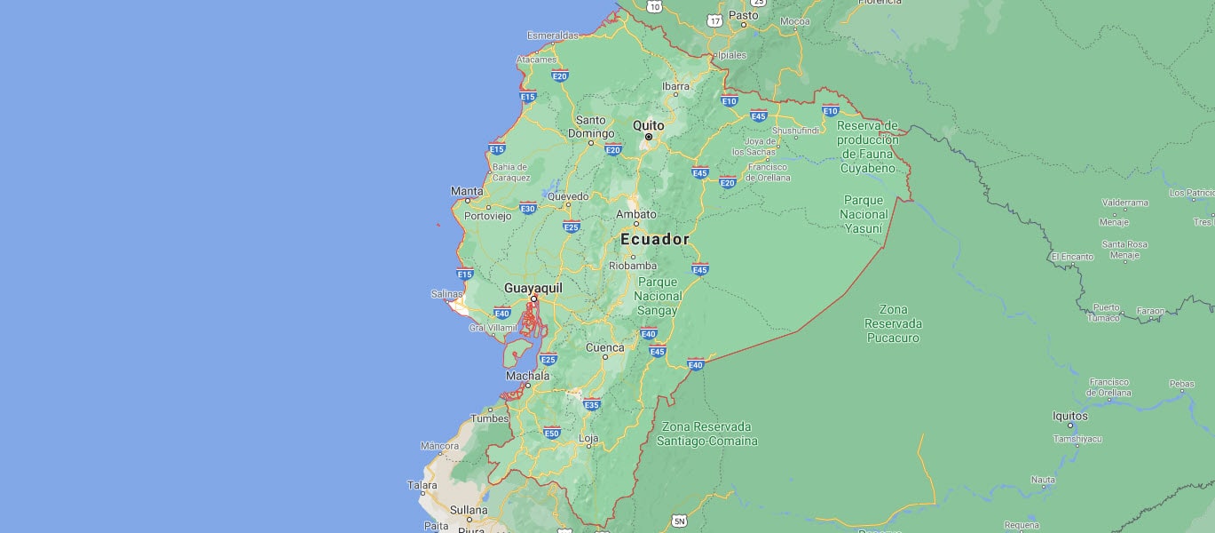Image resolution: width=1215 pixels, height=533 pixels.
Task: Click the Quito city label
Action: tap(648, 125)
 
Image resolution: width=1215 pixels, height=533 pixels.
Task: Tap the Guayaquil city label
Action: tap(533, 288)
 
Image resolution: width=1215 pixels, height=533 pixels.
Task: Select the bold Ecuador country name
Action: tap(655, 239)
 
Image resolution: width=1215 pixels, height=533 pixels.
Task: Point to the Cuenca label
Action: tap(604, 347)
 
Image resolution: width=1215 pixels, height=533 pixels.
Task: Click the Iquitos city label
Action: tap(1069, 415)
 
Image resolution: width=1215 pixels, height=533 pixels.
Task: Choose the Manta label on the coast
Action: tap(467, 191)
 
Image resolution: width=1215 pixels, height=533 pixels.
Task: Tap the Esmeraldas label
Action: tap(552, 36)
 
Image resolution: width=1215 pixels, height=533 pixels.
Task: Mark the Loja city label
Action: tap(588, 438)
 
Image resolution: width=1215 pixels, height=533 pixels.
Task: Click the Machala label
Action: tap(527, 376)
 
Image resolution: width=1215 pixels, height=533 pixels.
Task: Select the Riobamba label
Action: tap(633, 266)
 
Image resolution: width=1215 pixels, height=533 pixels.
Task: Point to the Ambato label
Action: tap(636, 214)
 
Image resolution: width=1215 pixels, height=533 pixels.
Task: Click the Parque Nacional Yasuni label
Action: tap(864, 214)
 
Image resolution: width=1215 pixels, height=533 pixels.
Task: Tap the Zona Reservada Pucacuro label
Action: tap(892, 323)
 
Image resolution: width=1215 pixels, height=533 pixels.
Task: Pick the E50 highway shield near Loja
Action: tap(552, 433)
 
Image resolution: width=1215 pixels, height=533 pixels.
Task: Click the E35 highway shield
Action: tap(592, 405)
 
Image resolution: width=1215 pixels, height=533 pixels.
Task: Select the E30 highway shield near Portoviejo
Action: tap(528, 208)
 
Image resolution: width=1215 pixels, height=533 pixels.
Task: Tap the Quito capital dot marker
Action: tap(649, 138)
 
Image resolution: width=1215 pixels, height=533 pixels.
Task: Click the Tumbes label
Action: tap(489, 418)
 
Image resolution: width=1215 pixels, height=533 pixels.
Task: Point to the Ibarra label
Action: tap(675, 86)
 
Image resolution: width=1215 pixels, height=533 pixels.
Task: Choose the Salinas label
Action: tap(447, 294)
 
